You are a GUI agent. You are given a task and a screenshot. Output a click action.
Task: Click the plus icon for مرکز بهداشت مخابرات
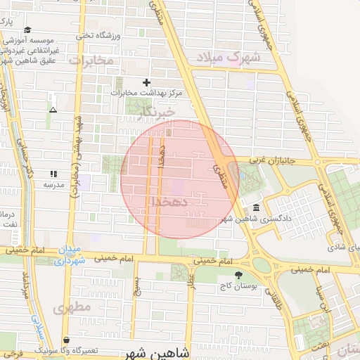(147, 82)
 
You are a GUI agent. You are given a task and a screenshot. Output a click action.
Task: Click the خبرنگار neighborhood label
(156, 110)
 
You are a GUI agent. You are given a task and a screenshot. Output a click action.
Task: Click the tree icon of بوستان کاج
(239, 275)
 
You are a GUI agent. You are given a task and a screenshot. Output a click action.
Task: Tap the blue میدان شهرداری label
(72, 255)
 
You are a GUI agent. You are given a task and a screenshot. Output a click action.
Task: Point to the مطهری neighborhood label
(71, 307)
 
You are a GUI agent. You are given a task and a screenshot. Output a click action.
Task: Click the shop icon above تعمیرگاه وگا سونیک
(66, 340)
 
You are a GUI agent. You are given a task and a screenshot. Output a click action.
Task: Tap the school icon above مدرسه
(53, 174)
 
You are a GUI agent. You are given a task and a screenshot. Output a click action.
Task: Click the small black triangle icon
(53, 110)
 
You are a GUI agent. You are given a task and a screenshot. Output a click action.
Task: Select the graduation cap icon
(27, 30)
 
